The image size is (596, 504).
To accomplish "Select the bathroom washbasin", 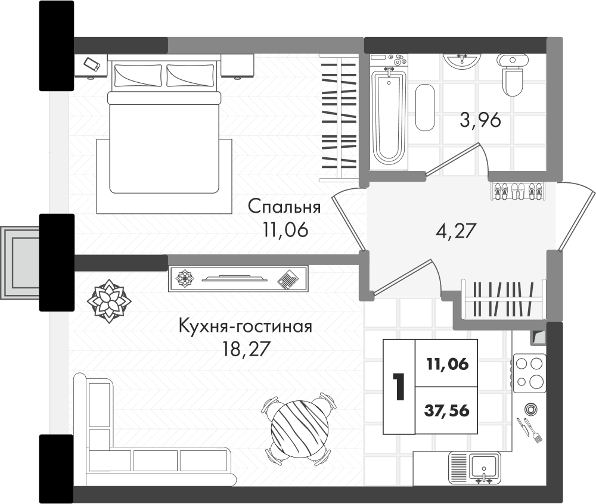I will tap(461, 61).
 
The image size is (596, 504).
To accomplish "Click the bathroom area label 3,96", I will tap(480, 120).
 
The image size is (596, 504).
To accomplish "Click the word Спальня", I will tap(284, 207).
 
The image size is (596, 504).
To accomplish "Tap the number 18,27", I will tap(245, 349).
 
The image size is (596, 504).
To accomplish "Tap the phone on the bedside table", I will tap(91, 64).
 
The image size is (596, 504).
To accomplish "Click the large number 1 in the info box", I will tap(398, 387).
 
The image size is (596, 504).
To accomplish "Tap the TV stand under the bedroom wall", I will tap(238, 278).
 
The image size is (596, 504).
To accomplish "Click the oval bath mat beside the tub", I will tap(425, 107).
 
